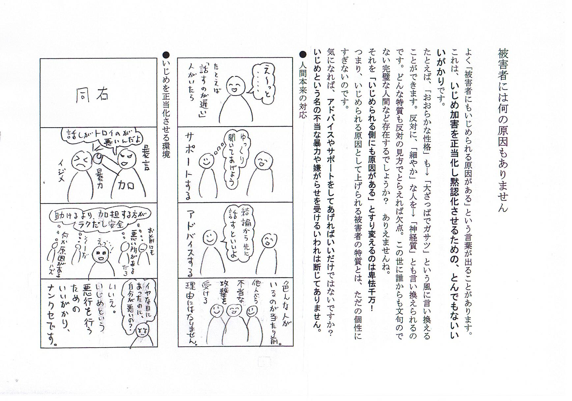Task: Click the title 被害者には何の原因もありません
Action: coord(503,130)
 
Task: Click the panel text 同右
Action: coord(92,94)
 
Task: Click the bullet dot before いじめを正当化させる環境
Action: coord(166,54)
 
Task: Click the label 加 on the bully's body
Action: coord(127,185)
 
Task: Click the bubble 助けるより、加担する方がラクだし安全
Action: coord(99,219)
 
